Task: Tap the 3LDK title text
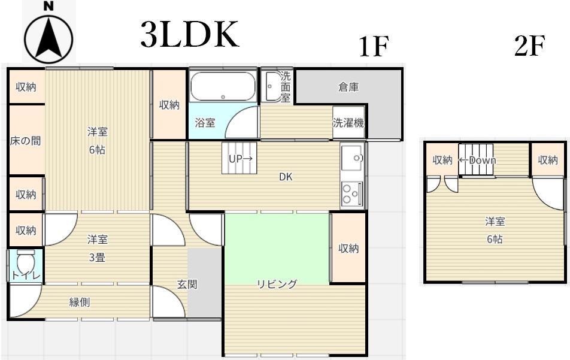coord(190,35)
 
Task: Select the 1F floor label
coord(374,47)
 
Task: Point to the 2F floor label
coord(529,46)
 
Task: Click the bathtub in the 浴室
coord(223,87)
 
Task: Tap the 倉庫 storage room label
coord(348,87)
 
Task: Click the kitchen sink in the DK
coord(352,158)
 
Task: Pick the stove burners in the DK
coord(352,193)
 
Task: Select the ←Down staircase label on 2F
coord(477,161)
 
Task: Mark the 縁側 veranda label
coord(80,302)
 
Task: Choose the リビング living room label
coord(277,284)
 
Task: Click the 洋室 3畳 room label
coord(98,246)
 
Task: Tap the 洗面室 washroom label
coord(286,87)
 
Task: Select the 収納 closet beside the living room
coord(348,248)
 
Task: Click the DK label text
coord(286,177)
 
